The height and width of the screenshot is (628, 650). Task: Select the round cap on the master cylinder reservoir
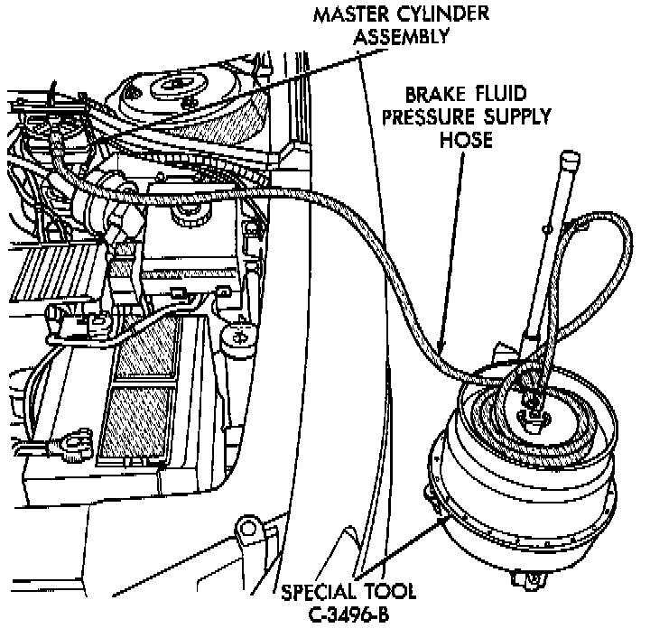190,214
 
